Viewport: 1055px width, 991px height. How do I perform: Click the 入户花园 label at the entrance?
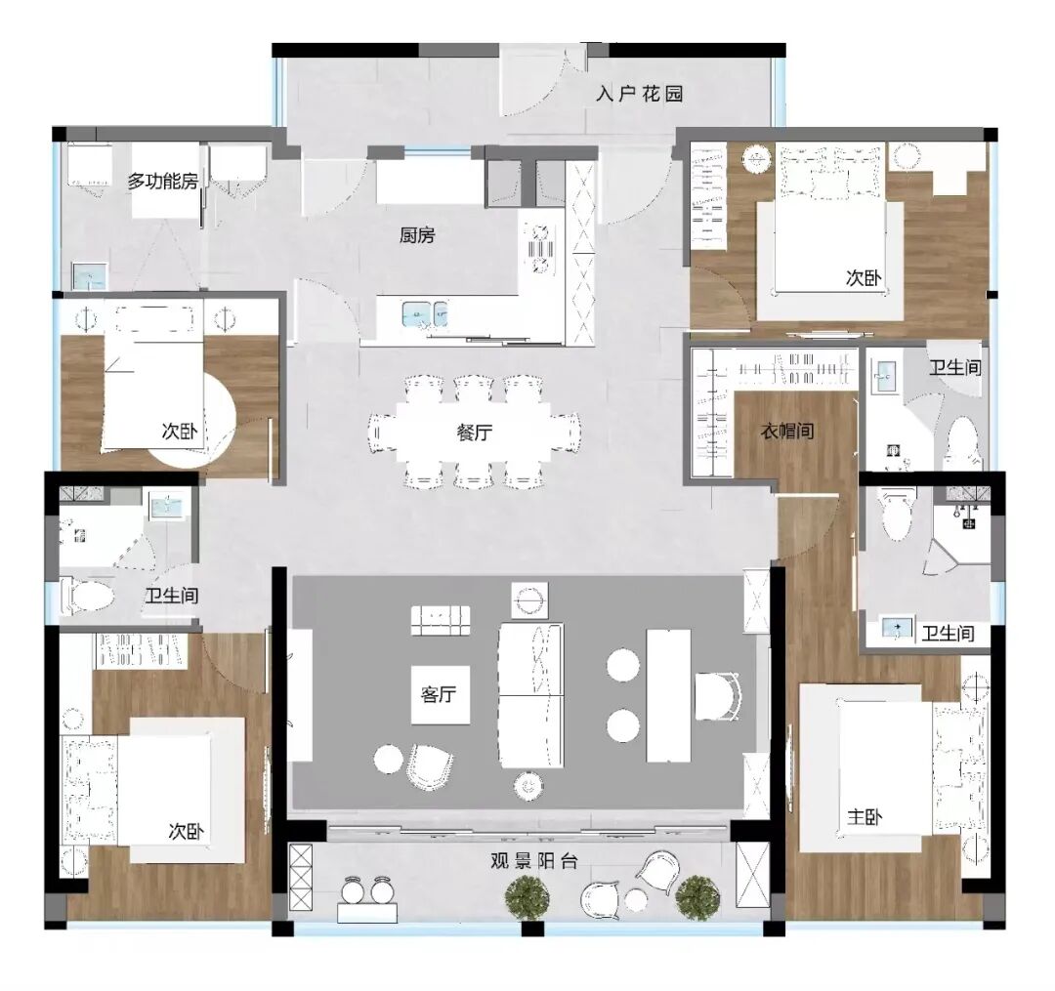coord(639,94)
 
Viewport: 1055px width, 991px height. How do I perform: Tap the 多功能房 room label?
coord(163,181)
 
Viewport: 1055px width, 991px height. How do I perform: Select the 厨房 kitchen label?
coord(417,235)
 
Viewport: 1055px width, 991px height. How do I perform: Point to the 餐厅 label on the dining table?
coord(474,434)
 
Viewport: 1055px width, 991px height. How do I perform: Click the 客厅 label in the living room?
coord(439,695)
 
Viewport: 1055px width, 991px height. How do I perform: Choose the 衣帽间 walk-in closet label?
coord(787,431)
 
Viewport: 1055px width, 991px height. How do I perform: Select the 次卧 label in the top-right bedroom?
coord(864,278)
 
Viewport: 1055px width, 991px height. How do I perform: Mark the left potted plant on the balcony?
coord(528,895)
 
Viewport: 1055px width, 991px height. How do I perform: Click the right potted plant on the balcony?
coord(696,894)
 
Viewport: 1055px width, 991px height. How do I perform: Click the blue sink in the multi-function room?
coord(90,276)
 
